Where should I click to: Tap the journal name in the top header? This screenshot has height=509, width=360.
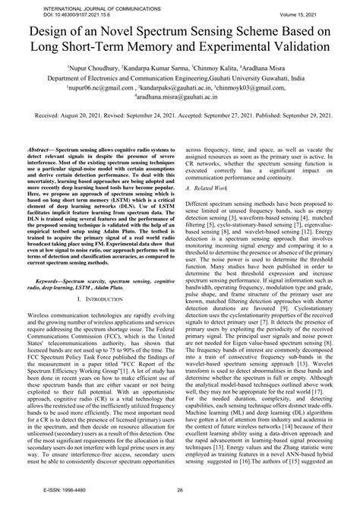(71, 5)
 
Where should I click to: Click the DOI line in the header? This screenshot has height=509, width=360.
(55, 11)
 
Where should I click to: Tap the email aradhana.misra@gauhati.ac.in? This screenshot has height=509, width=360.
(180, 96)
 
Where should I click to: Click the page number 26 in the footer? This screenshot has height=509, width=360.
(180, 501)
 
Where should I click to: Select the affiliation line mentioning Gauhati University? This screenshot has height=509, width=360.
(180, 77)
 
